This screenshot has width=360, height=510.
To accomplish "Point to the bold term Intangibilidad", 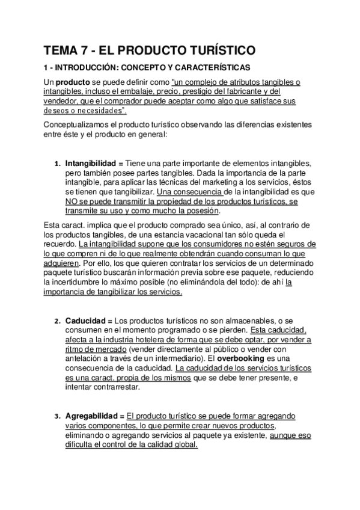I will (90, 164).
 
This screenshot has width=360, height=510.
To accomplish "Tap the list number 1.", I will (56, 164).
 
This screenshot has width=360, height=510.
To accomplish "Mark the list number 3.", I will (56, 416).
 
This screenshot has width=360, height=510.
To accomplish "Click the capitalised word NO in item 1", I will (72, 201).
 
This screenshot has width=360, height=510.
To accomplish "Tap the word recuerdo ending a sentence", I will (59, 244).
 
